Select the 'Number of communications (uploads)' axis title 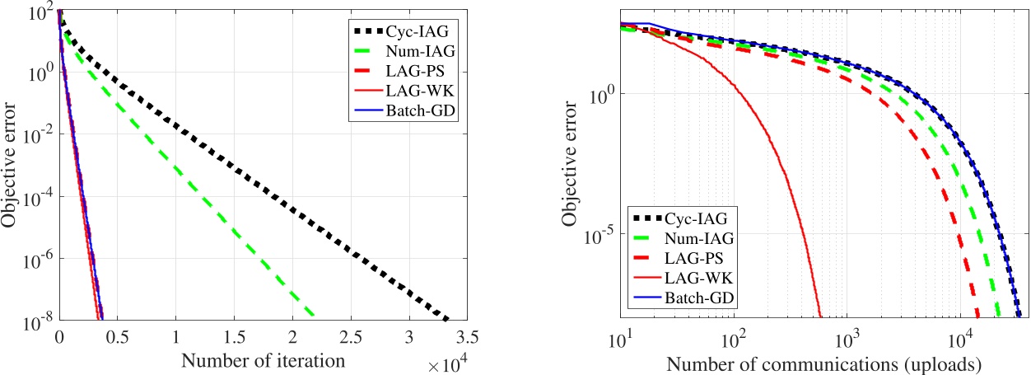coord(823,363)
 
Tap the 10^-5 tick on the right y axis coord(599,234)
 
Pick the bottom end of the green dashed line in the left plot coord(314,317)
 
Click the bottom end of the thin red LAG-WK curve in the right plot coord(821,317)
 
